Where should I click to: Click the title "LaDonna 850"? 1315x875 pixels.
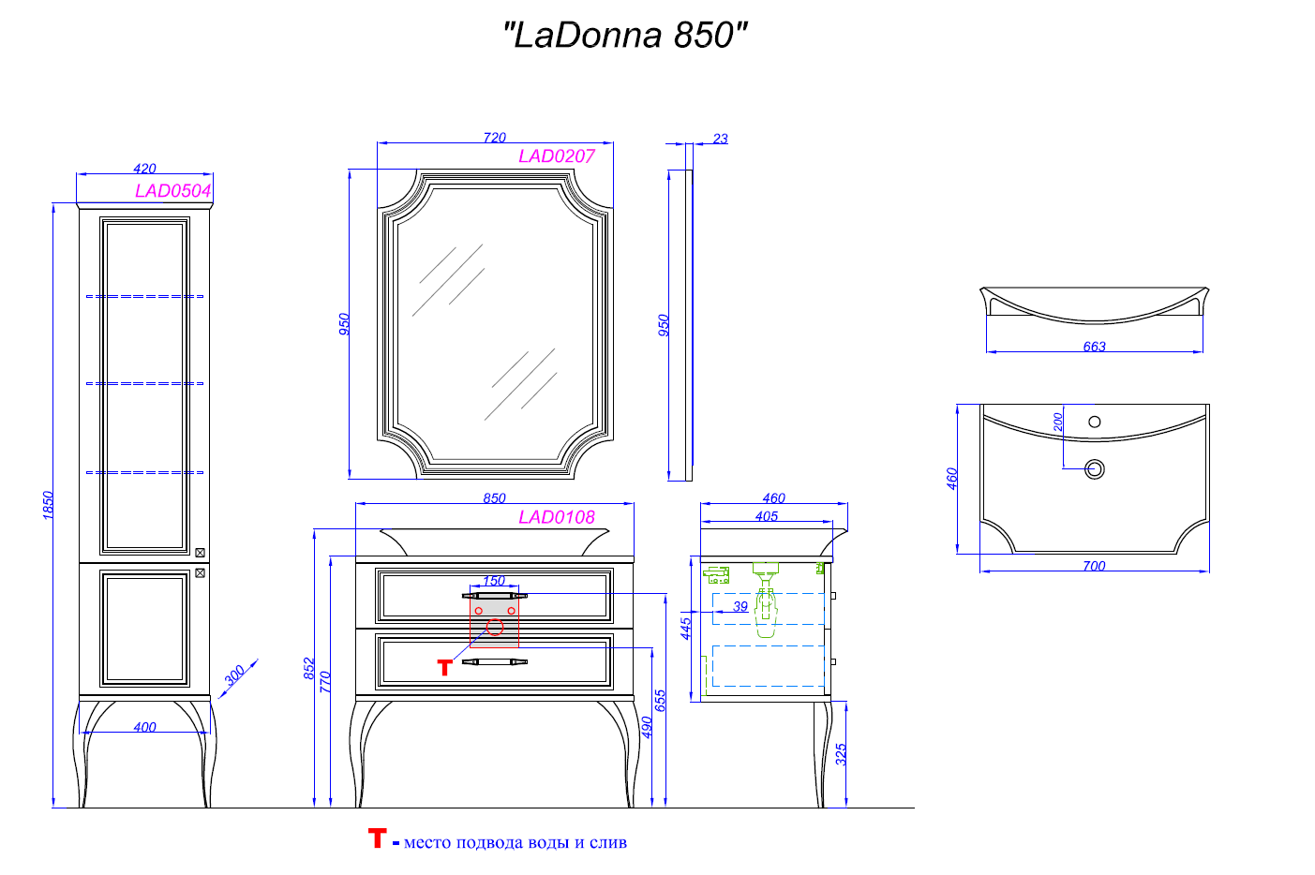(x=625, y=36)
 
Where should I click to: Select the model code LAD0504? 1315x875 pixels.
(x=173, y=191)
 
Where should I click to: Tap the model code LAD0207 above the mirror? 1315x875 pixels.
(x=557, y=156)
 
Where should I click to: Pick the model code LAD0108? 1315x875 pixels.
(x=557, y=517)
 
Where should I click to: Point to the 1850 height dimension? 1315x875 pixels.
(x=48, y=505)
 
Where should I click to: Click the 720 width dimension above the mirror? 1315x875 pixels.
(x=495, y=138)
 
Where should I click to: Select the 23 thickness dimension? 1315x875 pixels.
(x=720, y=139)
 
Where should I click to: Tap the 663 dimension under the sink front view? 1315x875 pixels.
(x=1094, y=347)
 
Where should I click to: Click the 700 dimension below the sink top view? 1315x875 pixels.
(x=1094, y=566)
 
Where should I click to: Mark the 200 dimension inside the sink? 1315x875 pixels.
(x=1058, y=422)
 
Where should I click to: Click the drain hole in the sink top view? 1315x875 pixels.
(x=1094, y=468)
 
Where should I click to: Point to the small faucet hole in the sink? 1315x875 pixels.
(x=1094, y=422)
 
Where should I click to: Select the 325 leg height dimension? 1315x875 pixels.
(x=841, y=754)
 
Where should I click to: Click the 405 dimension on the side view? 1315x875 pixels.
(x=766, y=516)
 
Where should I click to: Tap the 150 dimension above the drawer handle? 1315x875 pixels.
(x=494, y=581)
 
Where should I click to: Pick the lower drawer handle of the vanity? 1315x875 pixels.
(x=494, y=662)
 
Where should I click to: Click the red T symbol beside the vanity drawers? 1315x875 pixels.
(x=445, y=667)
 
